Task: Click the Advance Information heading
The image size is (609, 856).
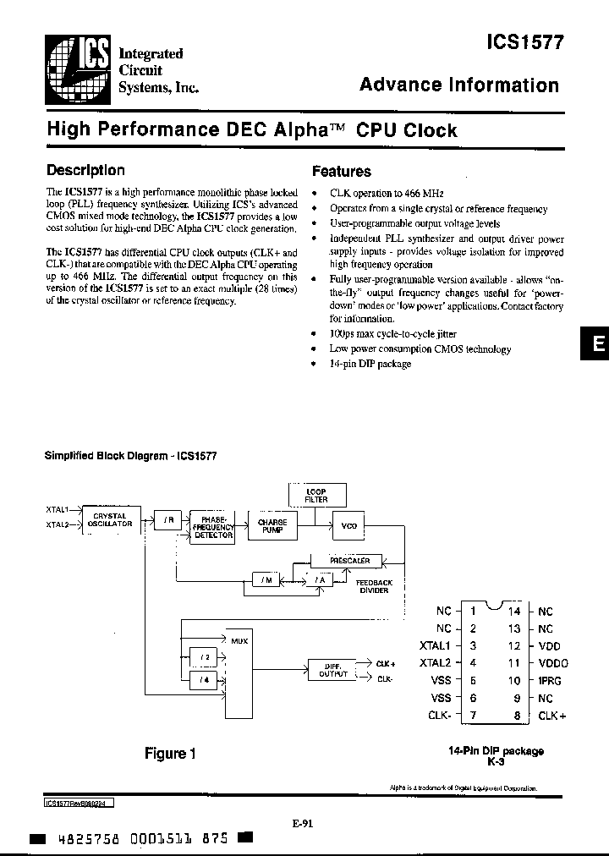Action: (459, 85)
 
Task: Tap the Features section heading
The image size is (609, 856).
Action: (342, 171)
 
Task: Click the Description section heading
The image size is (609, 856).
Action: (85, 170)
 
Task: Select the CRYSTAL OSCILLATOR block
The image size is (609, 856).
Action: (110, 519)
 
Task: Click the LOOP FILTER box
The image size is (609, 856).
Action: (315, 496)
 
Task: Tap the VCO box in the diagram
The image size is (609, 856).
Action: (348, 526)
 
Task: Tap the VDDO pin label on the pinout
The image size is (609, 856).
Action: (554, 663)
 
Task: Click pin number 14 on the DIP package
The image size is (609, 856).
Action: (513, 611)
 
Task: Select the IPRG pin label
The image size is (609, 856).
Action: (550, 680)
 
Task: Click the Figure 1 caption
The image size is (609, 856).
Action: (169, 753)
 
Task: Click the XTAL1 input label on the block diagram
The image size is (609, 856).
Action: (57, 509)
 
